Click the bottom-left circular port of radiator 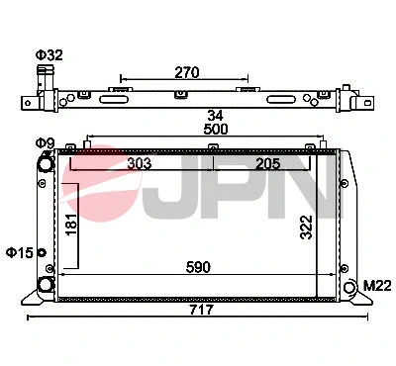46,285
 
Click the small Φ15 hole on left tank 41,251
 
